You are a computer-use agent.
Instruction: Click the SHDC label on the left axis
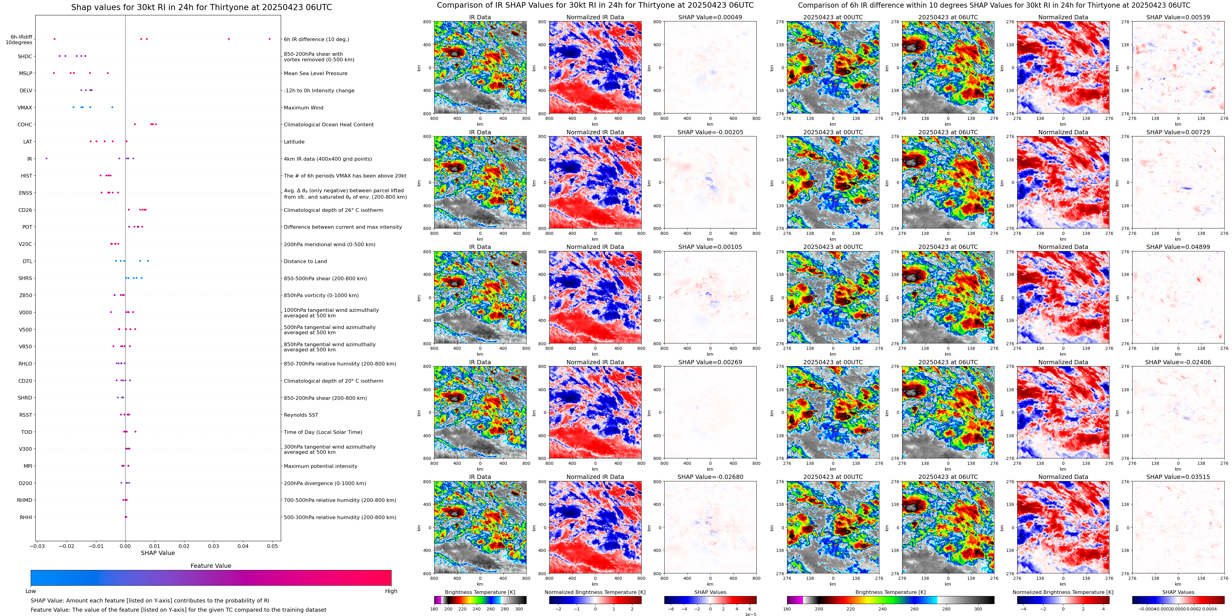coord(25,56)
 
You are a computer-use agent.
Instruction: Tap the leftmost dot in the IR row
coord(46,159)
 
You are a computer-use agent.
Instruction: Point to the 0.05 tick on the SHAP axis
coord(272,546)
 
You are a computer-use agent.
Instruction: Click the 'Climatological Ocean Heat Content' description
coord(329,125)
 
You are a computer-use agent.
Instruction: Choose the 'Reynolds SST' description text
coord(301,415)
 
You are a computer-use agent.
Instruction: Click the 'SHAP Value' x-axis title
coord(158,553)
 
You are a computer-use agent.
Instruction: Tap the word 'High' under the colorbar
coord(391,591)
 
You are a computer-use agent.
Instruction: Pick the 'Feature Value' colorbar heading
coord(211,566)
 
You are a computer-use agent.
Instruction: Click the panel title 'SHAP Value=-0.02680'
coord(710,477)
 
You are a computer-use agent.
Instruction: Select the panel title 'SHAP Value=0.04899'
coord(1178,247)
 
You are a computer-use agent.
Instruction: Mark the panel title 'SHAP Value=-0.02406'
coord(1178,362)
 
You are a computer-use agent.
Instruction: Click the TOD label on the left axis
coord(27,432)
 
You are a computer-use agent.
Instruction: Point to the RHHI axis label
coord(26,517)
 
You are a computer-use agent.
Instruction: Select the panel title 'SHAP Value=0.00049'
coord(710,17)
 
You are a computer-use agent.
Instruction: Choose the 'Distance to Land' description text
coord(305,262)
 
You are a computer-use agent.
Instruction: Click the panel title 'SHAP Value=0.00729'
coord(1178,132)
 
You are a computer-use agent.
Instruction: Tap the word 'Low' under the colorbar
coord(31,591)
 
